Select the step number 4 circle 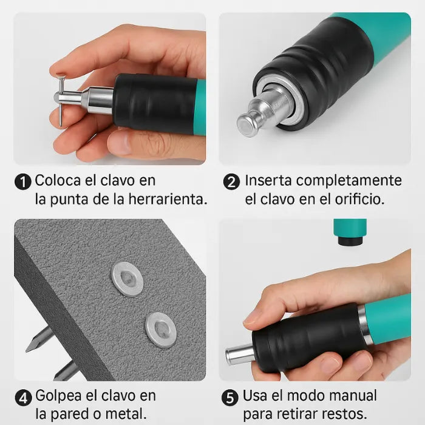23,398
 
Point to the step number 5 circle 230,398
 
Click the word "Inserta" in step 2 268,181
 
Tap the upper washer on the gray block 127,279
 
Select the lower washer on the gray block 161,329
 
